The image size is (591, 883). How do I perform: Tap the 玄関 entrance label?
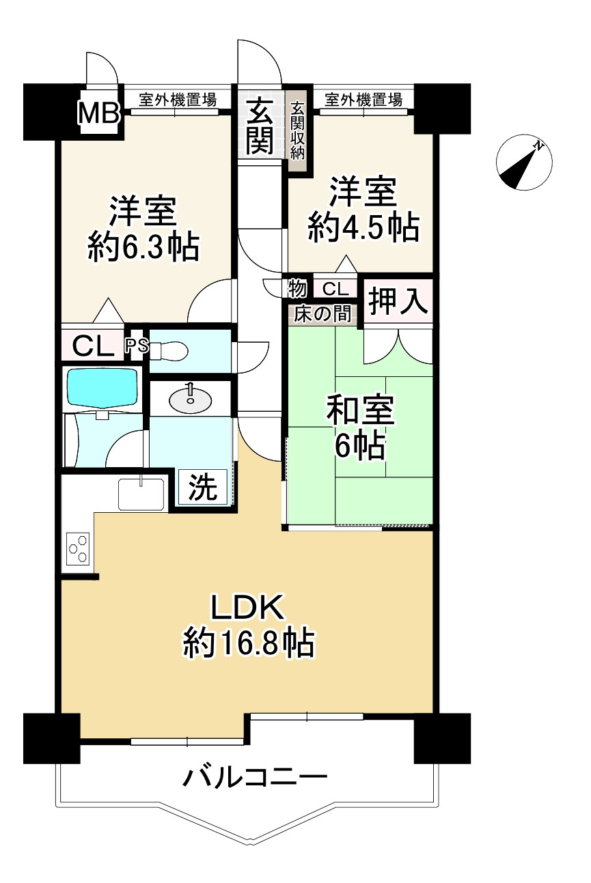[x=260, y=126]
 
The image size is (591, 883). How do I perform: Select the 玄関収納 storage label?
[x=297, y=130]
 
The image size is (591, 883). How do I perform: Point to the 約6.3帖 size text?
[x=143, y=247]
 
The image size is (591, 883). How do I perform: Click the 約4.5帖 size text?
[x=363, y=227]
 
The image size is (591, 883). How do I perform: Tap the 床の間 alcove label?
[x=323, y=314]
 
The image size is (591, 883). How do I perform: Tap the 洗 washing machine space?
[x=203, y=488]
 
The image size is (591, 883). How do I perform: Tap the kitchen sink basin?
[x=141, y=493]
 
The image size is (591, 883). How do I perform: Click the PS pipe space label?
[x=137, y=346]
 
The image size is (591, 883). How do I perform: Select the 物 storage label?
[x=297, y=288]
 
